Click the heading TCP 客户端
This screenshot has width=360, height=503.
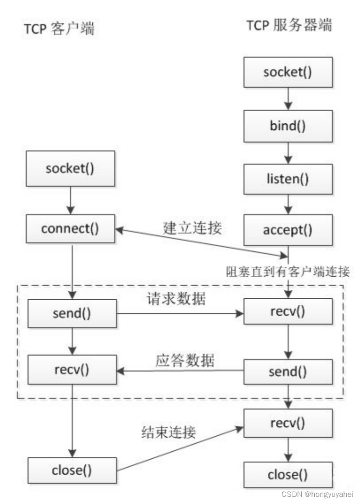coord(59,29)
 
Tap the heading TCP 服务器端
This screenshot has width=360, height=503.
coord(289,25)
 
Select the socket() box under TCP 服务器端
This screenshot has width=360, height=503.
coord(288,72)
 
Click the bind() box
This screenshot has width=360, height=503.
coord(288,126)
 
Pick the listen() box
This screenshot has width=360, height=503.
coord(288,179)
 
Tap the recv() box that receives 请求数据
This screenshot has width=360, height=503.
coord(288,311)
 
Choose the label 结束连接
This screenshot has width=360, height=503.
coord(168,431)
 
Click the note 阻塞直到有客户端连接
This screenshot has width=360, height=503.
coord(288,271)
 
